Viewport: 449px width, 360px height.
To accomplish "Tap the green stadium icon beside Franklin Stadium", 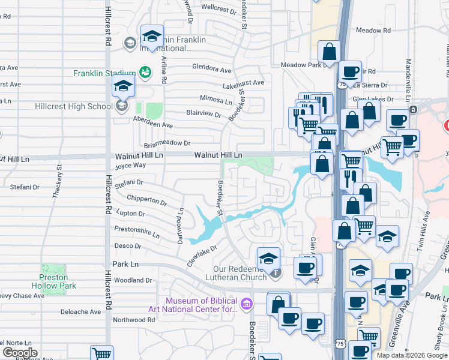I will (x=145, y=73).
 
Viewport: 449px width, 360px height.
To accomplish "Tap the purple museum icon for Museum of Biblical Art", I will (x=246, y=305).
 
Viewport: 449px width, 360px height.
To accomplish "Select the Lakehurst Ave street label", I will (x=243, y=83).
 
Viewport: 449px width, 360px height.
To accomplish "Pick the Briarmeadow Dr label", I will (x=167, y=143).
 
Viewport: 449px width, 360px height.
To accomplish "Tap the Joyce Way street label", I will (x=130, y=166).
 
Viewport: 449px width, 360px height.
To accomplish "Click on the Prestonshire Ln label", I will (x=137, y=229).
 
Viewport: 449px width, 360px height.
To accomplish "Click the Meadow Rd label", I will (x=373, y=30).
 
